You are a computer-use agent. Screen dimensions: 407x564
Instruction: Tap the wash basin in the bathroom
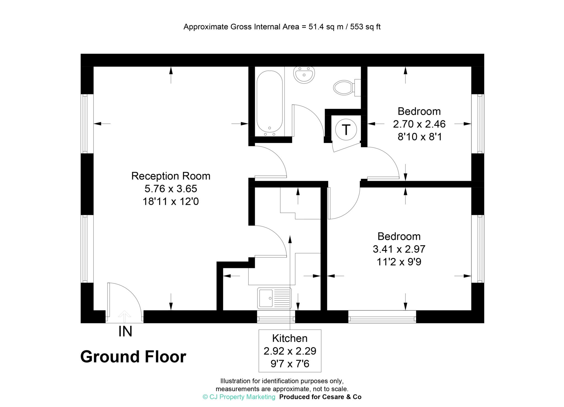(304, 75)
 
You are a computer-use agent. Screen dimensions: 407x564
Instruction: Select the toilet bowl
(343, 88)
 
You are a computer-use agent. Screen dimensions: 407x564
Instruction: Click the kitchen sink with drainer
(274, 298)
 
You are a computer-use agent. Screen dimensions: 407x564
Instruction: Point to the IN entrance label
(125, 332)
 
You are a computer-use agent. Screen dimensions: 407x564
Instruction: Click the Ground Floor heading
(133, 357)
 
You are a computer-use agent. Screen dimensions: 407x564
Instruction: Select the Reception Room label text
(171, 176)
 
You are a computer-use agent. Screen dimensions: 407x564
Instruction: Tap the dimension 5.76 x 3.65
(171, 189)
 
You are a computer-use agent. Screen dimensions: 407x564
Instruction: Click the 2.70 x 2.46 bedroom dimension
(419, 124)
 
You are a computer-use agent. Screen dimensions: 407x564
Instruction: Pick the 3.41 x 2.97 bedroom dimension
(399, 249)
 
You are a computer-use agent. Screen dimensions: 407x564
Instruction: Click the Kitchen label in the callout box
(290, 338)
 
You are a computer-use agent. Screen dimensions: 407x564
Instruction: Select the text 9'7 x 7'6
(290, 364)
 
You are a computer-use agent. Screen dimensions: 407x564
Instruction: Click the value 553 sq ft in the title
(365, 27)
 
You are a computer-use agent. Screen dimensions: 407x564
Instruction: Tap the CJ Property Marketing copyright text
(239, 397)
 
